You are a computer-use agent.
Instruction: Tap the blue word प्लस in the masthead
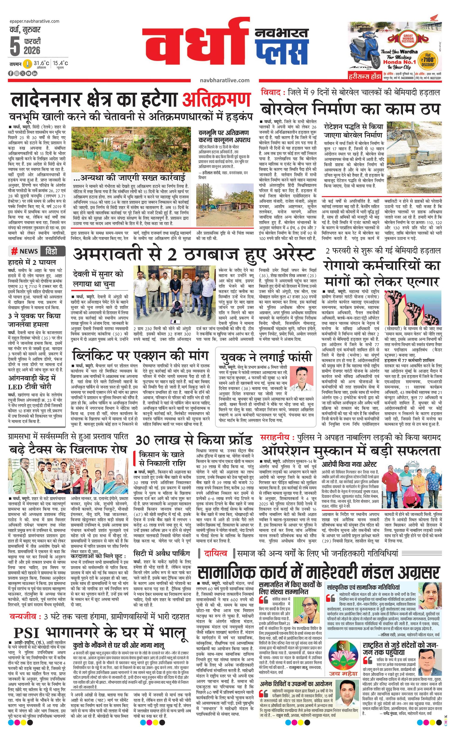pos(282,51)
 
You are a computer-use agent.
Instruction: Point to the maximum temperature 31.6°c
pos(41,63)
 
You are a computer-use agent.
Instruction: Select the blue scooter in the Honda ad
pos(364,54)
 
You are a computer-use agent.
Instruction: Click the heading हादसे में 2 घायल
pos(32,262)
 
